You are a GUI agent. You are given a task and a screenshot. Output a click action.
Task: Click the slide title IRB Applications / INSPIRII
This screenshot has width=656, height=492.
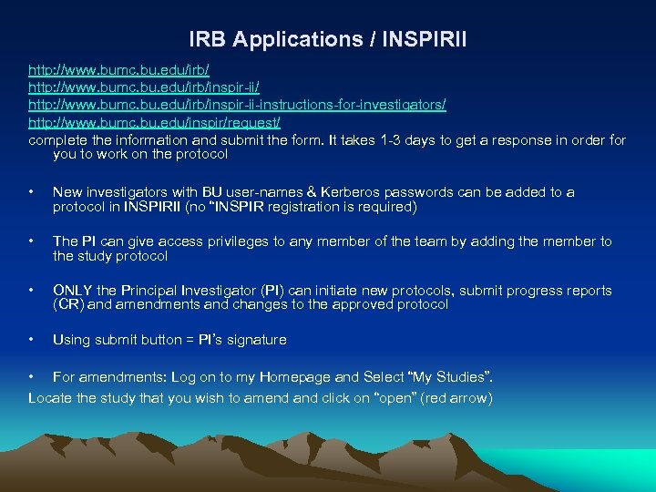click(x=327, y=39)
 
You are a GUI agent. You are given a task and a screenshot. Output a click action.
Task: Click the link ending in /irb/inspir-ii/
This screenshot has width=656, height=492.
click(x=144, y=87)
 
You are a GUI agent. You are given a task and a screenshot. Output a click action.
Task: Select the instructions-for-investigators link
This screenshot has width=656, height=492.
click(x=237, y=105)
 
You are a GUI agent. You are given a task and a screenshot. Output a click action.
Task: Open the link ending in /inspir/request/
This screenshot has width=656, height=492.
click(x=154, y=122)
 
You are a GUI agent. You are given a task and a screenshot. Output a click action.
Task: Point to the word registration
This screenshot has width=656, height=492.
click(x=315, y=207)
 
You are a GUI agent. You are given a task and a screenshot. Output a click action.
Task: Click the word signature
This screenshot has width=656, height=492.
click(x=257, y=340)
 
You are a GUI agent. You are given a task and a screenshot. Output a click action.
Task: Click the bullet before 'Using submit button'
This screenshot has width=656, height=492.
click(x=32, y=340)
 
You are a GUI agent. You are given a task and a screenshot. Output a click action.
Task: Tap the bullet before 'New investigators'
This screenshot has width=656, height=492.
click(x=32, y=192)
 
